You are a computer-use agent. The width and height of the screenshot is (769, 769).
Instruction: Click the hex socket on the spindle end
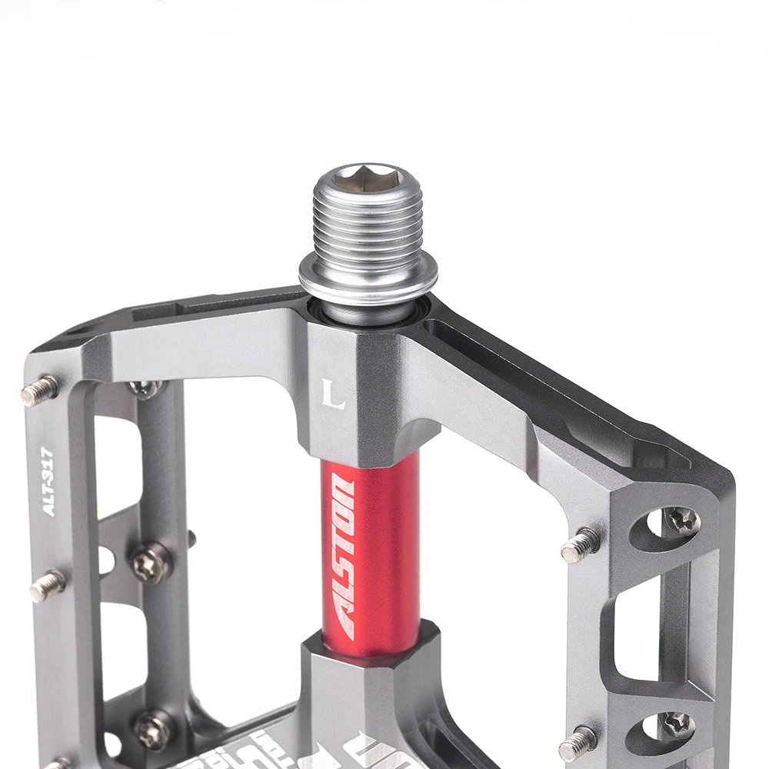pos(368,179)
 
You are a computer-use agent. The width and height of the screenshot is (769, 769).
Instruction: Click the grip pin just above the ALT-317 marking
pos(40,391)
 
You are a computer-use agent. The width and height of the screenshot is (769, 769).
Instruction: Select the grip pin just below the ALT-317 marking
pos(47,585)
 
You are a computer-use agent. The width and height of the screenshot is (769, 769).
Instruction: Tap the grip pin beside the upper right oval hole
pos(581,545)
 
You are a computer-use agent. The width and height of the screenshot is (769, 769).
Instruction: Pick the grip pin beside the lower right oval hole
pos(578,744)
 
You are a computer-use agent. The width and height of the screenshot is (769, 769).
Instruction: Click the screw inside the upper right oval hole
pos(681,521)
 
